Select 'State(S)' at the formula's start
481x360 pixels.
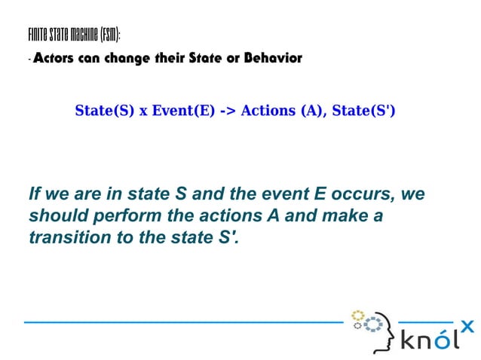pos(105,111)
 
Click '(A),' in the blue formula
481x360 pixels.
pos(314,111)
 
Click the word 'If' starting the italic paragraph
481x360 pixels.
pos(35,194)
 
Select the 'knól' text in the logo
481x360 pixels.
pos(428,340)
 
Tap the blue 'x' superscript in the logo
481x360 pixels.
pos(467,326)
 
